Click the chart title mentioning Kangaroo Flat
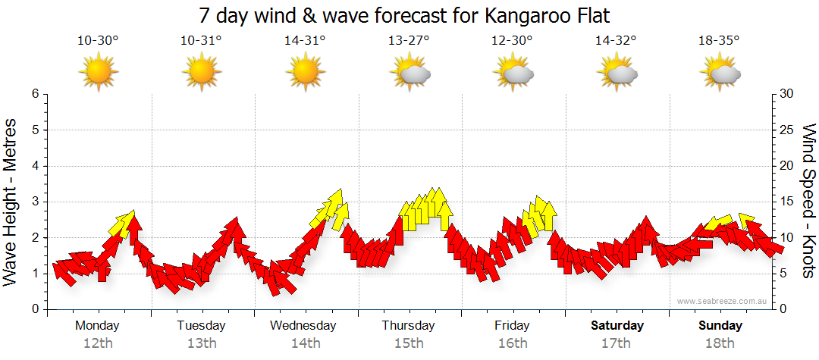coord(404,15)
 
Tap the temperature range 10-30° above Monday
coord(98,41)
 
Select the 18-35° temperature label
coord(719,41)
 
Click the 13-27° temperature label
coord(409,41)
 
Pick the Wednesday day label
coord(303,326)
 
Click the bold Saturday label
coord(617,326)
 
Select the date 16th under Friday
coord(513,343)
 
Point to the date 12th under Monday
coord(98,343)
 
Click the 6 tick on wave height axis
coord(35,94)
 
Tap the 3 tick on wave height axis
coord(35,202)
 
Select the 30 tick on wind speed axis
coord(787,94)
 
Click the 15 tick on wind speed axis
coord(787,202)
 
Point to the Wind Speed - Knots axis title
coord(808,202)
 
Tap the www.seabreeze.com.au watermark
coord(723,301)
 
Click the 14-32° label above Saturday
coord(616,41)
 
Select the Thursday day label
coord(408,326)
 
